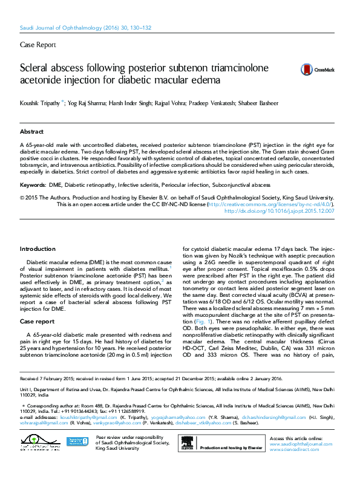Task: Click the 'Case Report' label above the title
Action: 38,45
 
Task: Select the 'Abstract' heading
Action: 31,131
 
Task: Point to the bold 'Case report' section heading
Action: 37,321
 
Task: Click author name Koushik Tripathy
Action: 41,103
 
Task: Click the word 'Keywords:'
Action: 33,184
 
